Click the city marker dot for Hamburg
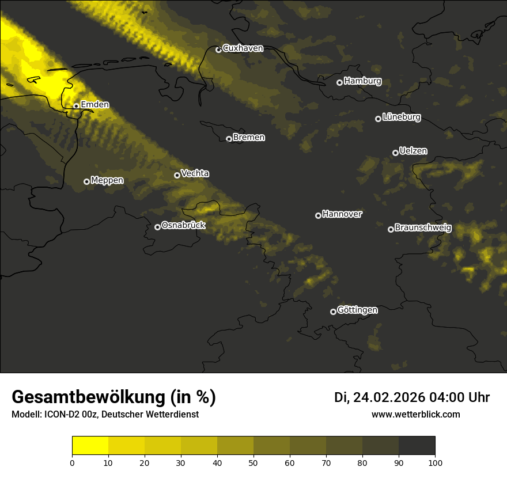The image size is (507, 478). [339, 82]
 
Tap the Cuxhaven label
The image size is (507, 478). [243, 48]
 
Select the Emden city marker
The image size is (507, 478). [76, 106]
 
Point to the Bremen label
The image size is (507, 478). [249, 138]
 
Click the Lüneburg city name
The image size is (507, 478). [401, 117]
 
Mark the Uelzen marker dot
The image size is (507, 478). [395, 153]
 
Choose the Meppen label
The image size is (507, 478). [107, 180]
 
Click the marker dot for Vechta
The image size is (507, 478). [177, 175]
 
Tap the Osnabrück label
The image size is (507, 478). [183, 226]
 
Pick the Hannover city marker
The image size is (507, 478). [318, 215]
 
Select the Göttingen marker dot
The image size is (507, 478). [333, 312]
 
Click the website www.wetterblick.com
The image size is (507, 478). [415, 415]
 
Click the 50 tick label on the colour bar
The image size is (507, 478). [253, 462]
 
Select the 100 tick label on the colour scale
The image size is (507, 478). [435, 462]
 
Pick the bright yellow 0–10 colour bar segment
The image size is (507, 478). [90, 446]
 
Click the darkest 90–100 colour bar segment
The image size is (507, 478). [417, 446]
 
